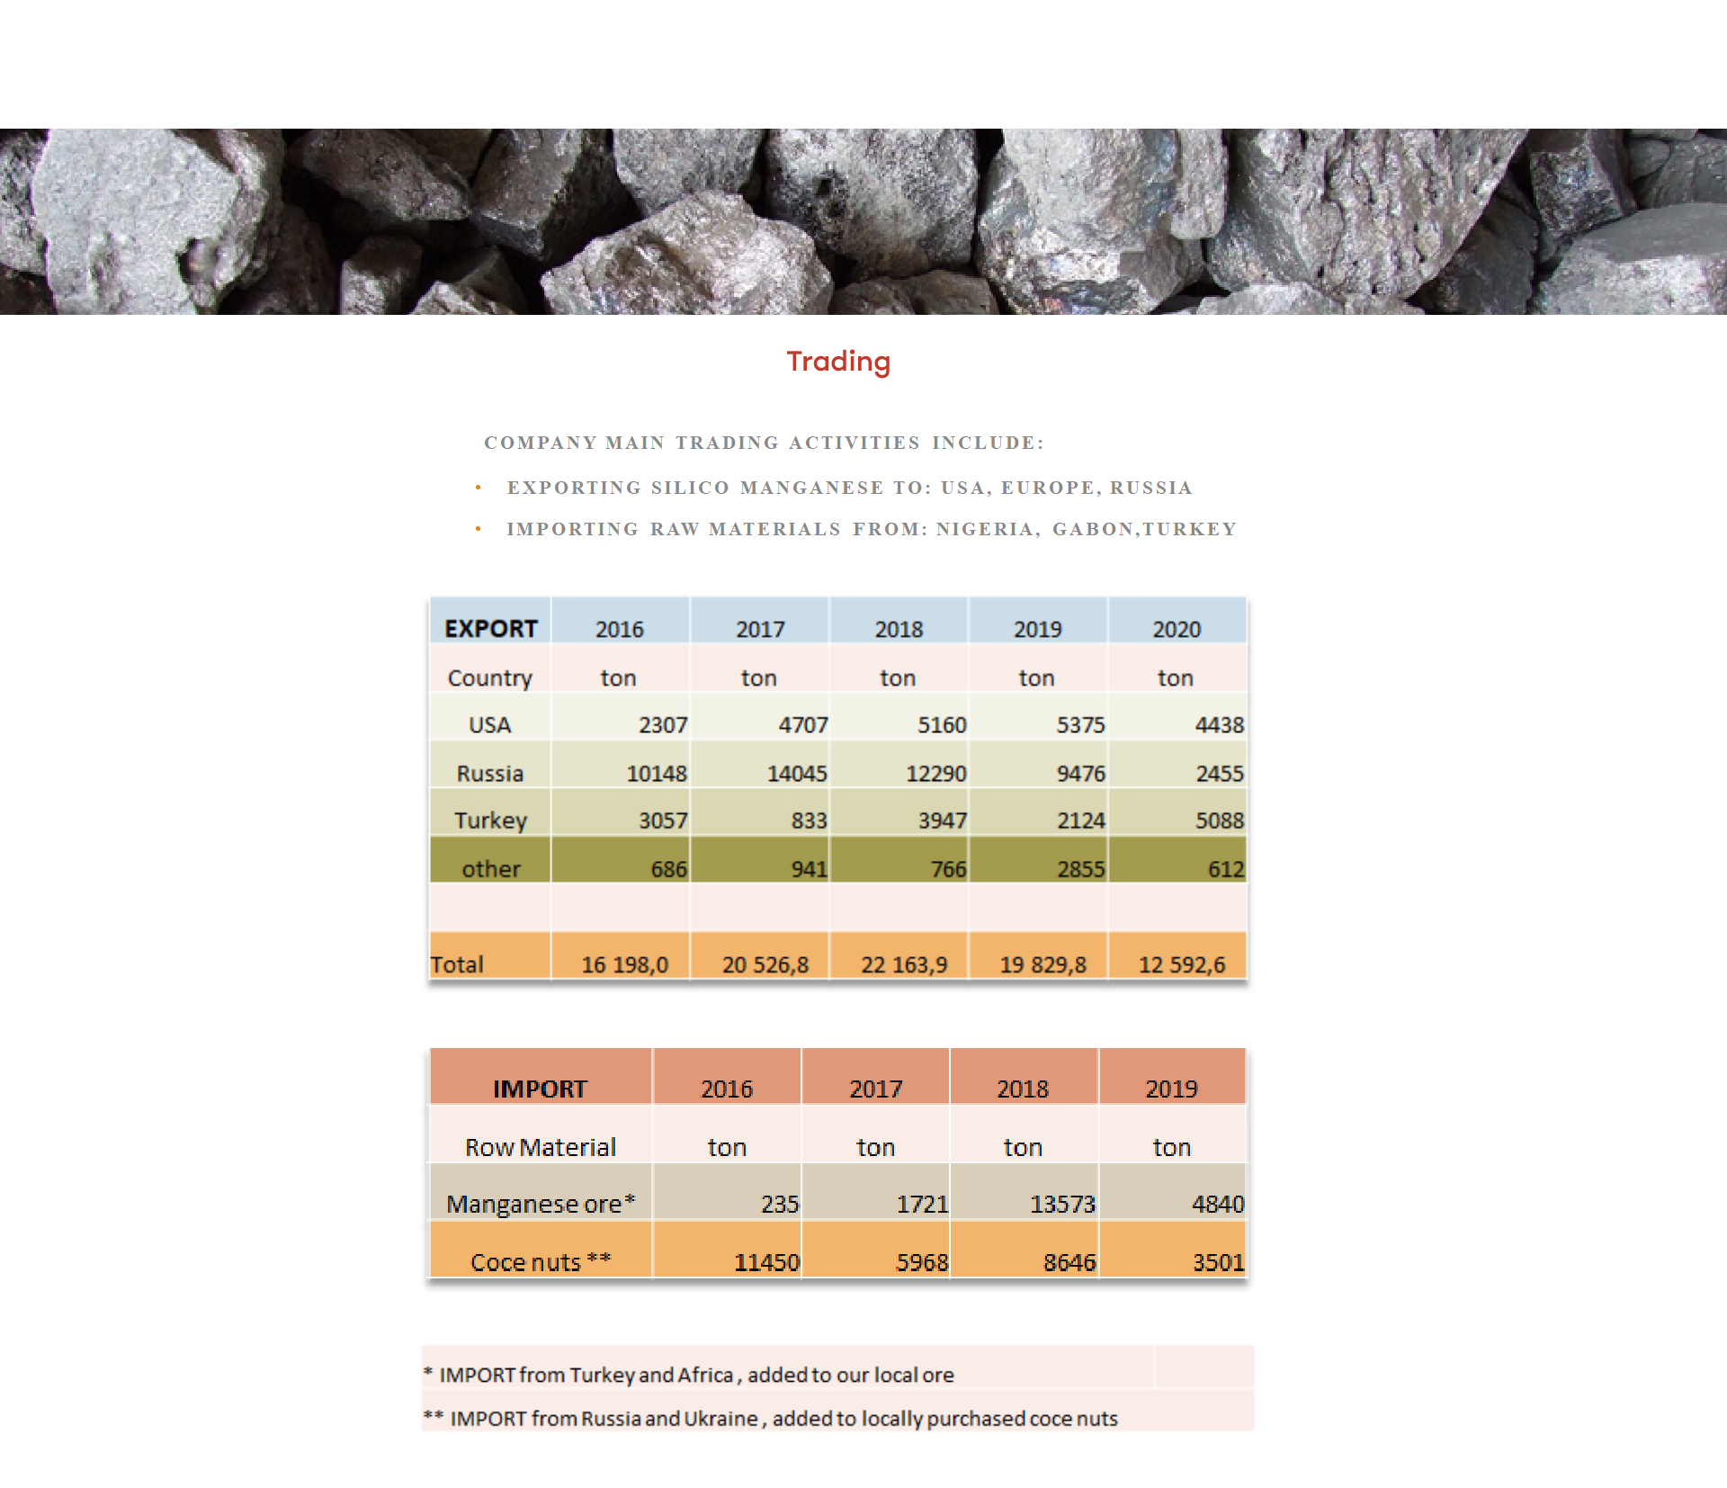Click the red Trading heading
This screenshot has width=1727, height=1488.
point(838,361)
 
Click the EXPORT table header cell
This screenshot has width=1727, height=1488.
point(491,628)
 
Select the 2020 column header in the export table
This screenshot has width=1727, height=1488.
point(1177,629)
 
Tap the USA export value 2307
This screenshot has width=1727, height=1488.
point(663,725)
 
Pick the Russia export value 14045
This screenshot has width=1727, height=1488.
point(797,774)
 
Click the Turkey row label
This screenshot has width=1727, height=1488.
point(490,820)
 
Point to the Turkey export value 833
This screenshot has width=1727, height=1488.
point(809,820)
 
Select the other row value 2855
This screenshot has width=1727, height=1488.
point(1080,869)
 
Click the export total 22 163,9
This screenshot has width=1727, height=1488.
point(904,964)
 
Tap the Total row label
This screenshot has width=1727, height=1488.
point(457,964)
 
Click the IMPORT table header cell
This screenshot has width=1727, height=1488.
point(540,1089)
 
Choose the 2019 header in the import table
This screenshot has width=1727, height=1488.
point(1171,1089)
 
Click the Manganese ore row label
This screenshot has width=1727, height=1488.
point(541,1204)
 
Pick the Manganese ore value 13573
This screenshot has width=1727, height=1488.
point(1062,1204)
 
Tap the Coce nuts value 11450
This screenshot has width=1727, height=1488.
point(766,1262)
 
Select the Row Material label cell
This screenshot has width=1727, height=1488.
point(541,1147)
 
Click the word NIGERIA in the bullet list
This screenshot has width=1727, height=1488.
point(985,529)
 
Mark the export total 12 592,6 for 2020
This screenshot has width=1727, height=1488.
point(1182,964)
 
